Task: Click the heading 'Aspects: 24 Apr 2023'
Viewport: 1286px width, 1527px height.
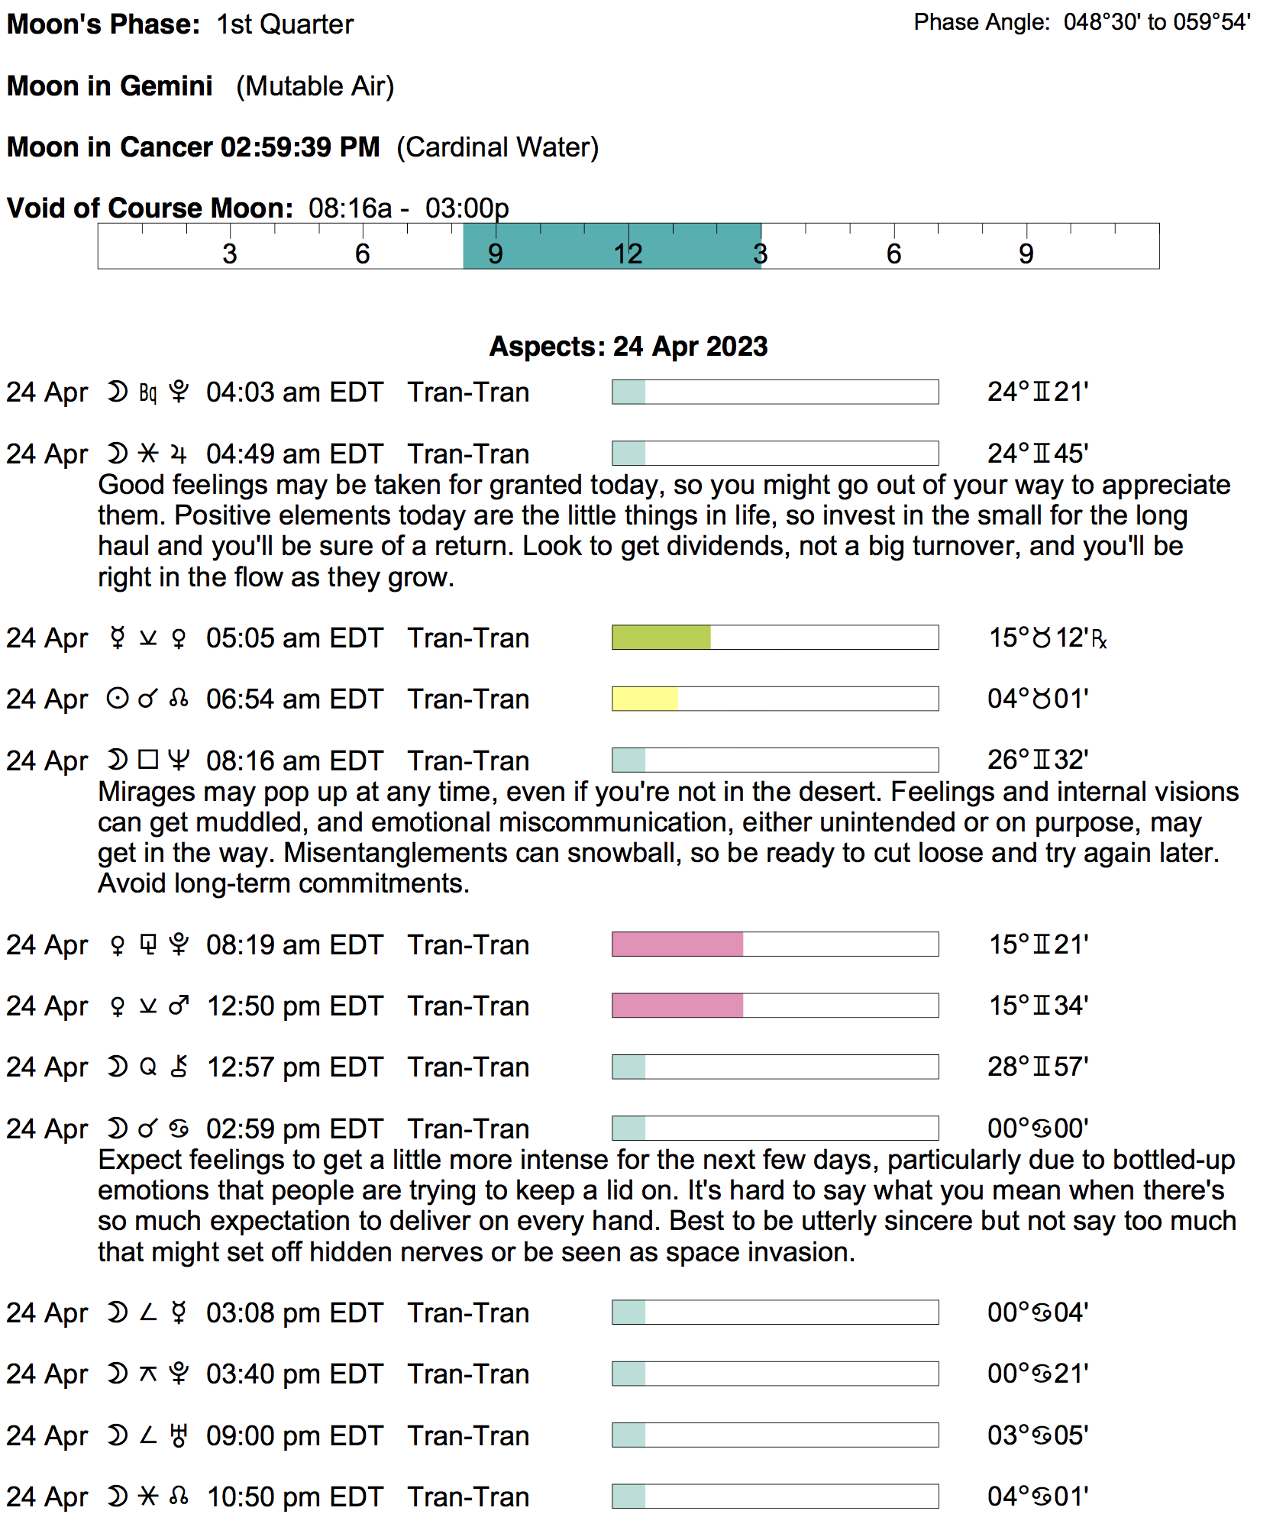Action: click(x=628, y=347)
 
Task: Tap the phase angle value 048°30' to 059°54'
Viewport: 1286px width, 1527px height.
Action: click(x=1156, y=22)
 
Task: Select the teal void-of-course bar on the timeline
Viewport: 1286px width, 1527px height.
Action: click(x=612, y=246)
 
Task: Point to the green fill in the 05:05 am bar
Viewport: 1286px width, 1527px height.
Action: click(x=661, y=638)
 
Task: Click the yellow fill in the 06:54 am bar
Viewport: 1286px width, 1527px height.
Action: click(x=645, y=699)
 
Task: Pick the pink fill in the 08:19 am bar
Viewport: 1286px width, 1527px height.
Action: click(x=677, y=944)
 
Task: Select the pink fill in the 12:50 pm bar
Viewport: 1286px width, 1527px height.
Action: click(x=677, y=1006)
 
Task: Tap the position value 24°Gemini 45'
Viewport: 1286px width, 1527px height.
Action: click(x=1037, y=454)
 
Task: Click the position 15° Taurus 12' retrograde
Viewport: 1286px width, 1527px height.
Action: click(x=1047, y=638)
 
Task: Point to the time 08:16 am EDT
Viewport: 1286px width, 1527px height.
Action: click(x=294, y=761)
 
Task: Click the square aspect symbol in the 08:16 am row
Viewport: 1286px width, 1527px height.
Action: click(x=148, y=760)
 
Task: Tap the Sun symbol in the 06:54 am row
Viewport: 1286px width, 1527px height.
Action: click(x=117, y=699)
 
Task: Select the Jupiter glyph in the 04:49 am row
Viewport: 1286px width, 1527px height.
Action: click(x=179, y=454)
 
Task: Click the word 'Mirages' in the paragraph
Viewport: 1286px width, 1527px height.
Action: click(x=143, y=792)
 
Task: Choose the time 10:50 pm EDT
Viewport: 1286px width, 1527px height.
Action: click(x=294, y=1497)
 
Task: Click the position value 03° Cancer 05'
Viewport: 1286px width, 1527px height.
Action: click(x=1037, y=1435)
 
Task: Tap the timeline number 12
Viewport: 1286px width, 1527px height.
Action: click(x=628, y=254)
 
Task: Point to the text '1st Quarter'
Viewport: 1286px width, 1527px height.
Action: click(x=285, y=24)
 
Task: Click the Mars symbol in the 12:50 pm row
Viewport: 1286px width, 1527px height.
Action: click(x=179, y=1006)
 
